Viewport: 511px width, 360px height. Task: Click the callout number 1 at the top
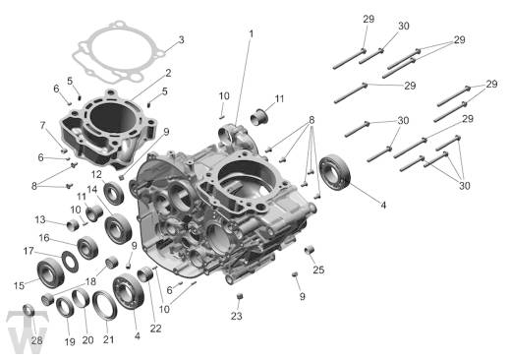(250, 33)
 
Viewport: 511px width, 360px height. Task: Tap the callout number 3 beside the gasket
(180, 40)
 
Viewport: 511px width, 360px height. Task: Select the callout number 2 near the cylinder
(168, 73)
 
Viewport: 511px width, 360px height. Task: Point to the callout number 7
(43, 125)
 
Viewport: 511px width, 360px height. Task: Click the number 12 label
(97, 174)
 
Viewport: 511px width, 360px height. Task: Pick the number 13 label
(42, 219)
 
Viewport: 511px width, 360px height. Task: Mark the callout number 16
(44, 238)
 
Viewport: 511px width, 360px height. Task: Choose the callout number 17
(28, 252)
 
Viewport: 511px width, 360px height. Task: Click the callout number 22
(155, 328)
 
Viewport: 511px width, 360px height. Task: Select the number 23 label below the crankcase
(236, 317)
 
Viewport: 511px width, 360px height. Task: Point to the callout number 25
(317, 270)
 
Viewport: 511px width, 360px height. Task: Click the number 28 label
(36, 340)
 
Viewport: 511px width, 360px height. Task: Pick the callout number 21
(108, 339)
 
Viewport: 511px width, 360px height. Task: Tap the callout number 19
(69, 341)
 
